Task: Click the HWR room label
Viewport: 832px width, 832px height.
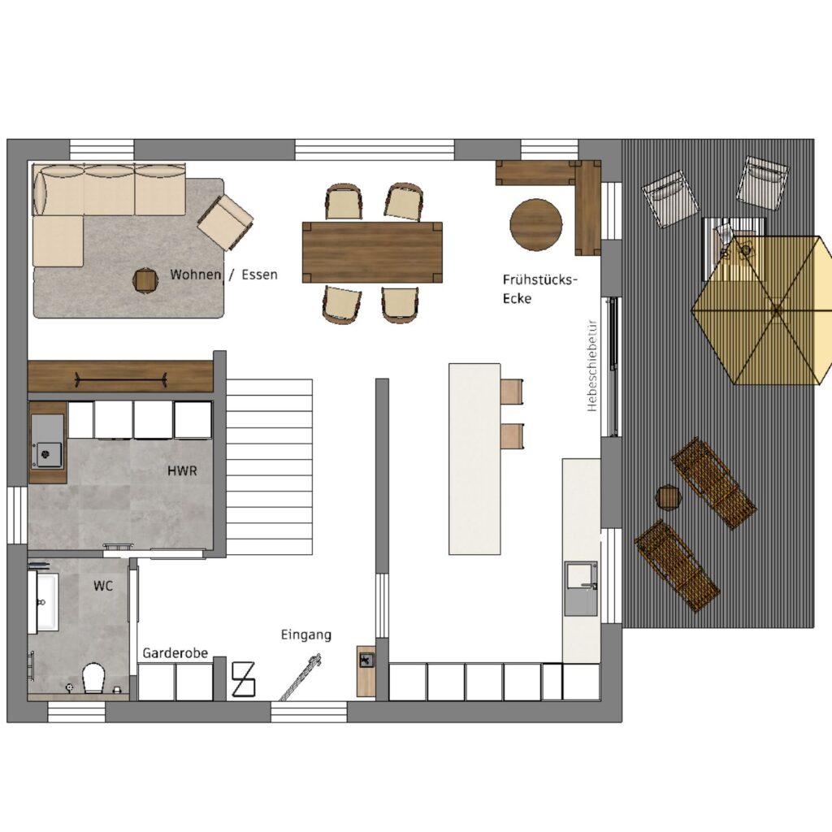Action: click(x=182, y=470)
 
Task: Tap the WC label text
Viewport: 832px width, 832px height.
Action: click(x=103, y=586)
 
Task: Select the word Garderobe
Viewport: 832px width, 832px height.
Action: click(x=175, y=652)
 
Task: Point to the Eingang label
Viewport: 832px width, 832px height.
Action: click(x=306, y=635)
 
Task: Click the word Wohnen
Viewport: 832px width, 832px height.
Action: click(x=195, y=275)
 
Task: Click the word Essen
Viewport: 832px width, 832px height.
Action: click(x=259, y=275)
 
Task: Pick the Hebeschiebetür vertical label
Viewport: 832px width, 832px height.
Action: click(x=592, y=365)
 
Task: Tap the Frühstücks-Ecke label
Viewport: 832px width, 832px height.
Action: click(x=539, y=289)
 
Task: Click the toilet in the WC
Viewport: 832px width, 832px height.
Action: click(x=94, y=678)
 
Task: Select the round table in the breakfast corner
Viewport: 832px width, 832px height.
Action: click(x=536, y=224)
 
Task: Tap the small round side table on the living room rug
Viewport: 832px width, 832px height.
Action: click(x=145, y=279)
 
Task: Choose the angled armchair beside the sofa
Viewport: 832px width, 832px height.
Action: click(x=226, y=222)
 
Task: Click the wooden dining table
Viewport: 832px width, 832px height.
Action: click(x=372, y=253)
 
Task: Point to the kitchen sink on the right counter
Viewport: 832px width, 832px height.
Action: click(x=580, y=588)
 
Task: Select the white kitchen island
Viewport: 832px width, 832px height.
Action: click(x=474, y=459)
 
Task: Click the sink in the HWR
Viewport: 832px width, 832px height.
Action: click(x=48, y=441)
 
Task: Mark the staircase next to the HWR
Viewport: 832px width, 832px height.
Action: click(x=270, y=467)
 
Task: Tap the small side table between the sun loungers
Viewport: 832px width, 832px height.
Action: click(x=669, y=498)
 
